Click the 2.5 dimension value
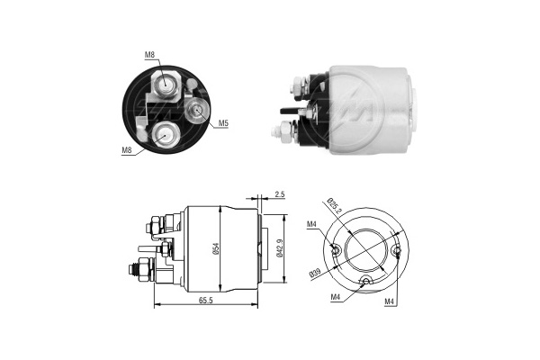pyautogui.click(x=280, y=193)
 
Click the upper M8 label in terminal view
pyautogui.click(x=149, y=56)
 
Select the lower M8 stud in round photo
pyautogui.click(x=165, y=135)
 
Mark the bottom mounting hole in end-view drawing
pyautogui.click(x=365, y=282)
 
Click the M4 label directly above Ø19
pyautogui.click(x=312, y=225)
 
